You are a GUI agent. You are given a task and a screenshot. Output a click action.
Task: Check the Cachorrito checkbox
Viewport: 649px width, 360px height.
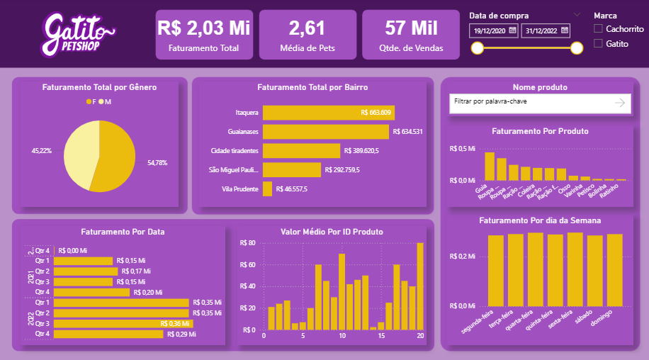(599, 28)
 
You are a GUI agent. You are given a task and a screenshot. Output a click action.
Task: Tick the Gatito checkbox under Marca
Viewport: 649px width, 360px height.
(599, 43)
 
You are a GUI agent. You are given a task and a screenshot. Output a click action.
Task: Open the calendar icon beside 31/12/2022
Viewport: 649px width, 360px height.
(565, 30)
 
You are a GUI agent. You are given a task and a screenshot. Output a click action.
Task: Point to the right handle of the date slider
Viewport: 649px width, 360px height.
(577, 47)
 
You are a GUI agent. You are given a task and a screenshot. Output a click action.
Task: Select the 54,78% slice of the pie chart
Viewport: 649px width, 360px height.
(113, 159)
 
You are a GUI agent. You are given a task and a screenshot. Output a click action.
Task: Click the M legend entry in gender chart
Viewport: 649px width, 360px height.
(106, 101)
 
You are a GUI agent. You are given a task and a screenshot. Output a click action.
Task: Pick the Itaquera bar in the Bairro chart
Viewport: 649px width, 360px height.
(328, 112)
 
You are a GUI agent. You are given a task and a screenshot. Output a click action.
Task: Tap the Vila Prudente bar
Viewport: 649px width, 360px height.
(267, 189)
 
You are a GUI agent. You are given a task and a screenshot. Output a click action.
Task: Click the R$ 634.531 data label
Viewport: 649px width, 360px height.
(408, 131)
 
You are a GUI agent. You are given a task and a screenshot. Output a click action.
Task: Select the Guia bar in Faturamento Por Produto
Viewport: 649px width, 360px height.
(489, 167)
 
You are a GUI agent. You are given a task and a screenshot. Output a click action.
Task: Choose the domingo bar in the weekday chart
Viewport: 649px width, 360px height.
(614, 269)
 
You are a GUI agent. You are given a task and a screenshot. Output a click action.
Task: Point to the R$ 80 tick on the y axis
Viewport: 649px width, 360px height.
(248, 242)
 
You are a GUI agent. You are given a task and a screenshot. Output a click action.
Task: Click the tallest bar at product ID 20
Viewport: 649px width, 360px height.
(419, 286)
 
